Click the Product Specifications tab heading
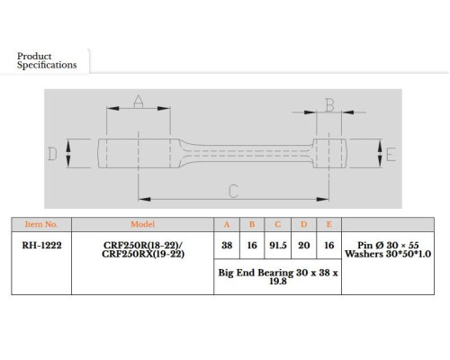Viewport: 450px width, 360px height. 47,60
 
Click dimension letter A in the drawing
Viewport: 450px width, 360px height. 139,102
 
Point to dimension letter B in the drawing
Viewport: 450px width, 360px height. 329,105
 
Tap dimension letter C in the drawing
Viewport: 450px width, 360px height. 233,191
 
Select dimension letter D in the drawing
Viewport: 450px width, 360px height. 52,154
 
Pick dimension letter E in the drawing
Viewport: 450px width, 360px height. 391,155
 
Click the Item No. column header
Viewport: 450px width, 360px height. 41,224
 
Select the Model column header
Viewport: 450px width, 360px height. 142,224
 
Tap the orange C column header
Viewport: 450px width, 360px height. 277,224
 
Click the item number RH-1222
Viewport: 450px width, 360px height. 41,246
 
